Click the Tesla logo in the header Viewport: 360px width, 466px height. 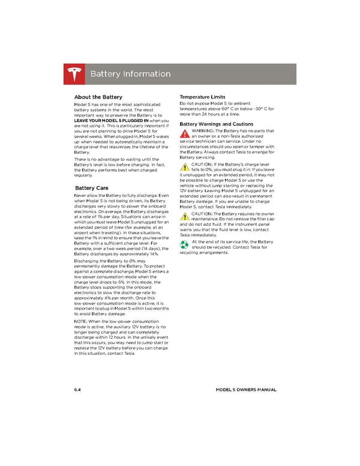(x=75, y=74)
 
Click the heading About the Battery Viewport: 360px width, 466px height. (x=98, y=97)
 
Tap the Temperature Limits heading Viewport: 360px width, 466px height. (x=202, y=97)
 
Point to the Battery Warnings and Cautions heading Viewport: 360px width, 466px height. (x=218, y=124)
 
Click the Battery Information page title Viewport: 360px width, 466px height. (x=130, y=74)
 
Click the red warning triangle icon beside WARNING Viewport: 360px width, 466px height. (x=185, y=133)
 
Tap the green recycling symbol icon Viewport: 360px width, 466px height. (x=185, y=244)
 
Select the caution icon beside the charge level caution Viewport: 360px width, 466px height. (x=185, y=166)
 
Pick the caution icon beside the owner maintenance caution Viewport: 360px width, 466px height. (x=185, y=216)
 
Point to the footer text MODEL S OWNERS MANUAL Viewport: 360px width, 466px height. (x=245, y=390)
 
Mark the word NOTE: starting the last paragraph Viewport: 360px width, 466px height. (x=80, y=322)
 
